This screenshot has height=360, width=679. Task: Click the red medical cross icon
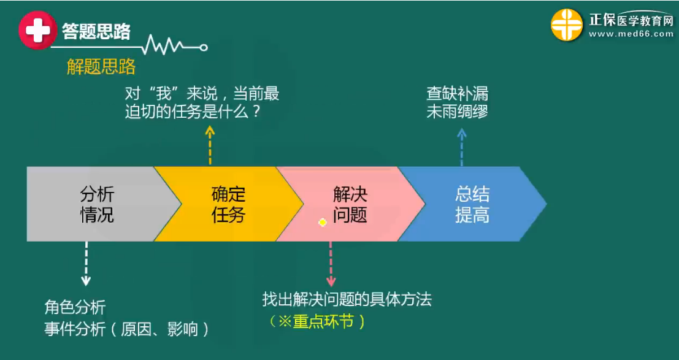click(37, 30)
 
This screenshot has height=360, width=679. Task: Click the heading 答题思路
click(96, 31)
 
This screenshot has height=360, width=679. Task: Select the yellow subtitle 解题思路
click(101, 67)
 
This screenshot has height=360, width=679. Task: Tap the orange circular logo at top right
click(566, 25)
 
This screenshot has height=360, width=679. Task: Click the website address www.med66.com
click(631, 34)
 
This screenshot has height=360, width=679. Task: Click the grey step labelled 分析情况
click(97, 205)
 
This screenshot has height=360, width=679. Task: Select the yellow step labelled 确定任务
click(228, 205)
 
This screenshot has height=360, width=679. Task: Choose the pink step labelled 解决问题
click(350, 205)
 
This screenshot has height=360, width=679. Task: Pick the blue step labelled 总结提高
click(472, 205)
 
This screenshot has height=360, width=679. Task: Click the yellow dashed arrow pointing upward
click(210, 145)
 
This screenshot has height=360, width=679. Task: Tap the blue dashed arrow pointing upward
click(462, 147)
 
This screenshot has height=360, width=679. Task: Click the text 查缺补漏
click(457, 94)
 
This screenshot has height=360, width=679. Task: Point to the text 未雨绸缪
click(457, 112)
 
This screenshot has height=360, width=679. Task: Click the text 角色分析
click(75, 307)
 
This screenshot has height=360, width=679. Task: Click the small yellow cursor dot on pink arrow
click(323, 223)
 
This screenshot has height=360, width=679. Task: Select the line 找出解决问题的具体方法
click(347, 299)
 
